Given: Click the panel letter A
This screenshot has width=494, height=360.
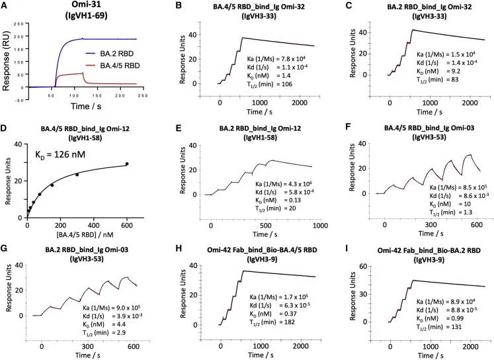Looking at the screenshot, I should pyautogui.click(x=5, y=7).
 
